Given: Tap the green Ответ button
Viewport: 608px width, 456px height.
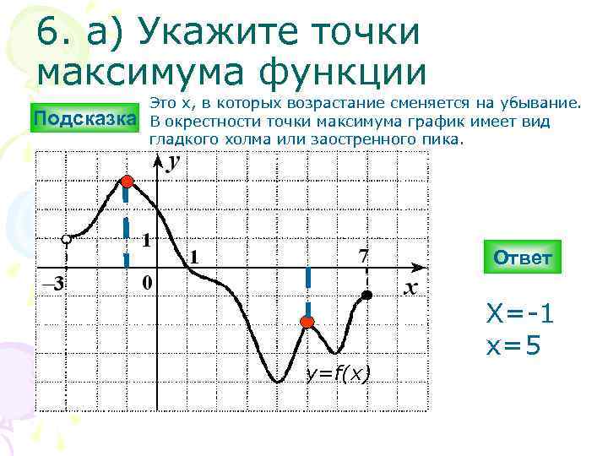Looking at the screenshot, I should (522, 258).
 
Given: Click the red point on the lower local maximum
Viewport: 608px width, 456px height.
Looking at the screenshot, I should (307, 322).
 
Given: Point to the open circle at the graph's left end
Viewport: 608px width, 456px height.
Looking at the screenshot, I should (67, 239).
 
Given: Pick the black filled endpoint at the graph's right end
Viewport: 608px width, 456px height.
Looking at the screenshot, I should (366, 295).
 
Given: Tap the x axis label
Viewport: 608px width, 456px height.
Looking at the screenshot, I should (410, 288).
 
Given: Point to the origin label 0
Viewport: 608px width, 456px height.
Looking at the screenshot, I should (147, 283).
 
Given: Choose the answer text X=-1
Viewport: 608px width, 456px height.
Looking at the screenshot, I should (519, 314).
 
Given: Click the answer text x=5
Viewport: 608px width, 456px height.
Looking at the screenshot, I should (512, 345).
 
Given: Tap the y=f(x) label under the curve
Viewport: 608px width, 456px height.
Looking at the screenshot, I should (339, 373).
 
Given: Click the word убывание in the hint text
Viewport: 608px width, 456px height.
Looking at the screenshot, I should (541, 103).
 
